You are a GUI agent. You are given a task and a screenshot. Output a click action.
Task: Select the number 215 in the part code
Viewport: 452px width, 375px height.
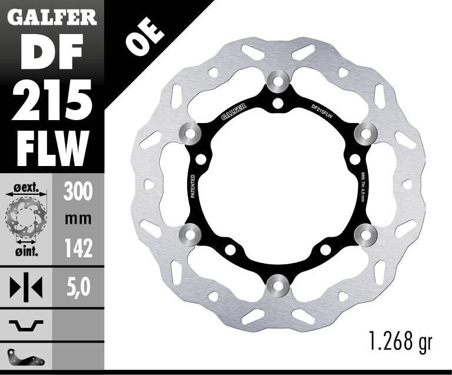(x=52, y=100)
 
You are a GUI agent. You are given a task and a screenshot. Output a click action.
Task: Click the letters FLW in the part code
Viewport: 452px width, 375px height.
(x=52, y=148)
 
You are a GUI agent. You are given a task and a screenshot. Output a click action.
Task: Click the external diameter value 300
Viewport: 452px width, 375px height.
(x=78, y=192)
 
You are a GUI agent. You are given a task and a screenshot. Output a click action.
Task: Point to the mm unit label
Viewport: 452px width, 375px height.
(x=78, y=219)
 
